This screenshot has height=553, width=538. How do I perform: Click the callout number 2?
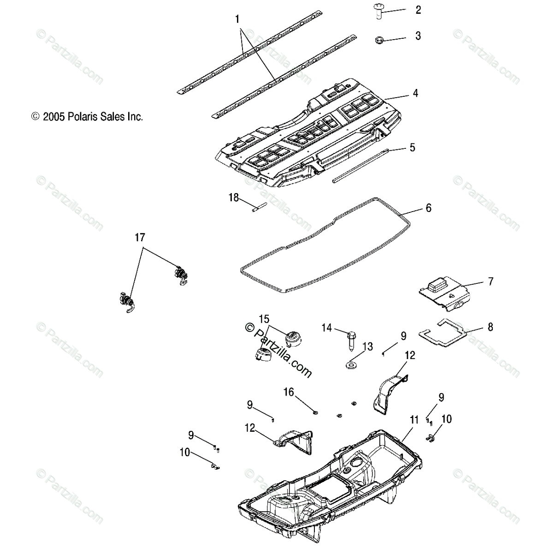pyautogui.click(x=418, y=10)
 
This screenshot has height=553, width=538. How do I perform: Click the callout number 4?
pyautogui.click(x=415, y=93)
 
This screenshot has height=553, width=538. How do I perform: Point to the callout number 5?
pyautogui.click(x=412, y=147)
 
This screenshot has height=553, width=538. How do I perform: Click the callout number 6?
pyautogui.click(x=428, y=208)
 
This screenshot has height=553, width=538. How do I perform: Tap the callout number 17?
pyautogui.click(x=139, y=237)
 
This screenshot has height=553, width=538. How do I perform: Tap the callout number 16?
pyautogui.click(x=288, y=392)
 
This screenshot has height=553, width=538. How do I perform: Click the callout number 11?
pyautogui.click(x=414, y=420)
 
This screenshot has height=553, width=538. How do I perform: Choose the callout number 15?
pyautogui.click(x=264, y=319)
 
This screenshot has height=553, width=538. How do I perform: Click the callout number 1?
pyautogui.click(x=237, y=19)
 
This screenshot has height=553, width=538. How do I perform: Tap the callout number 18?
pyautogui.click(x=234, y=198)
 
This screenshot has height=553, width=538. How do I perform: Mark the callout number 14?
pyautogui.click(x=326, y=328)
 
